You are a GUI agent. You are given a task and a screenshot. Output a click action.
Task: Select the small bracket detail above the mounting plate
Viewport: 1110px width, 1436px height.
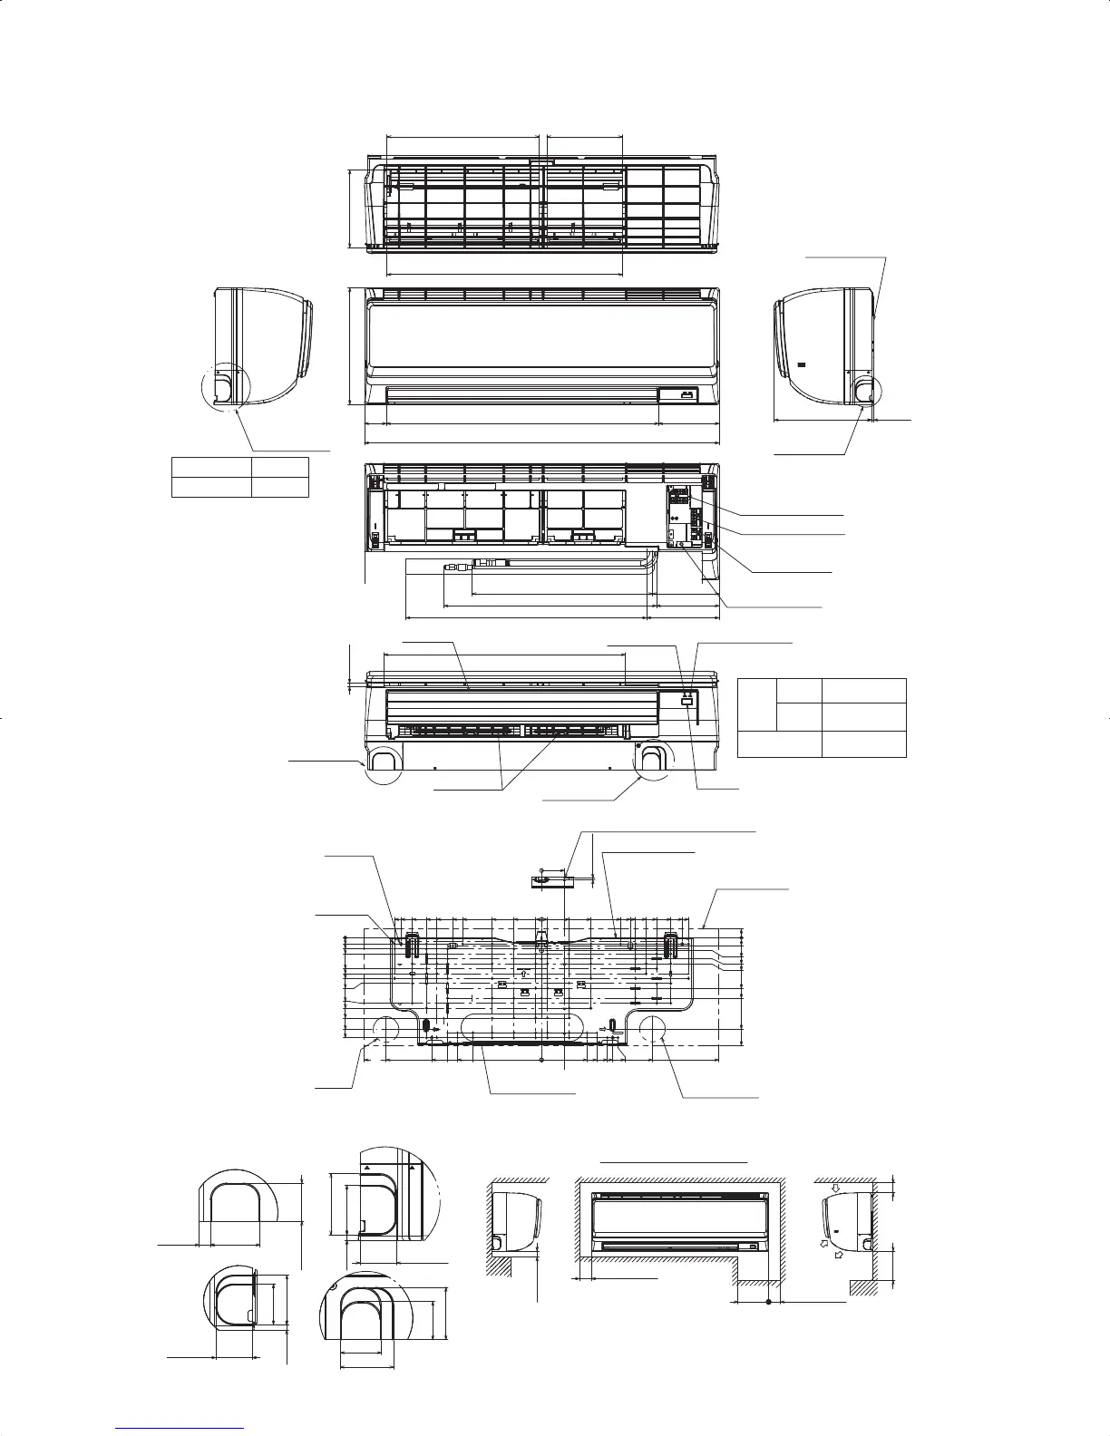(548, 878)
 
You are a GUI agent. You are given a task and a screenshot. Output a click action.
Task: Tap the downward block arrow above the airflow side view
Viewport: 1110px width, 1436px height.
(837, 1183)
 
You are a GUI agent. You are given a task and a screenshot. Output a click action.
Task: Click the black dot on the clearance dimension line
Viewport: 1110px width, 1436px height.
(768, 1303)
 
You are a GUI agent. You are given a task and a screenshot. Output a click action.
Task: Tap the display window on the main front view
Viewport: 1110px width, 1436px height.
(686, 393)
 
